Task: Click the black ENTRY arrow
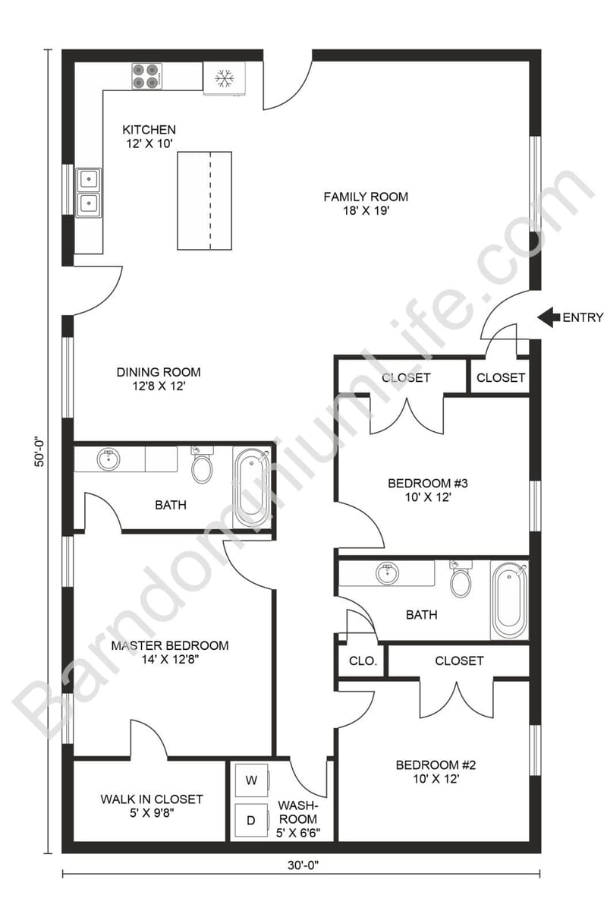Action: pos(548,317)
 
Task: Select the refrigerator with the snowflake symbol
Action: pos(224,77)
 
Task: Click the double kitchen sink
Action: pos(89,191)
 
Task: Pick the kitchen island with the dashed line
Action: pos(204,200)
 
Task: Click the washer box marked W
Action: pos(250,780)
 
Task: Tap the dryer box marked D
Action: pos(250,820)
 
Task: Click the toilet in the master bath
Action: pos(202,465)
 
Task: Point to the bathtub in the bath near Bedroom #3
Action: pos(509,600)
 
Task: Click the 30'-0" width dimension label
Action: pos(301,863)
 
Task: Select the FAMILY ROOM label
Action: pos(366,197)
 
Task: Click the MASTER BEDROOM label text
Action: pos(170,646)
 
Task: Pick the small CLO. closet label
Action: pos(363,661)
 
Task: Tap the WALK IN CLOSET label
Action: pos(152,799)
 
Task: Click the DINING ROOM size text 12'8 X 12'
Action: pos(158,386)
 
